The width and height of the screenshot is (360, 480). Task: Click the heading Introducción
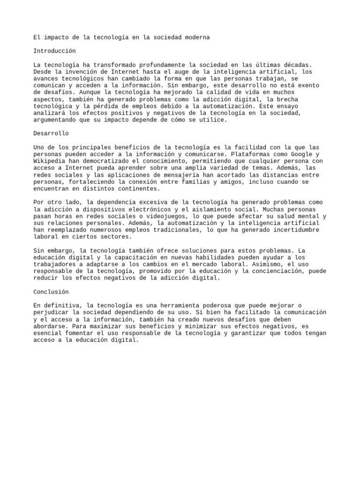[54, 51]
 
